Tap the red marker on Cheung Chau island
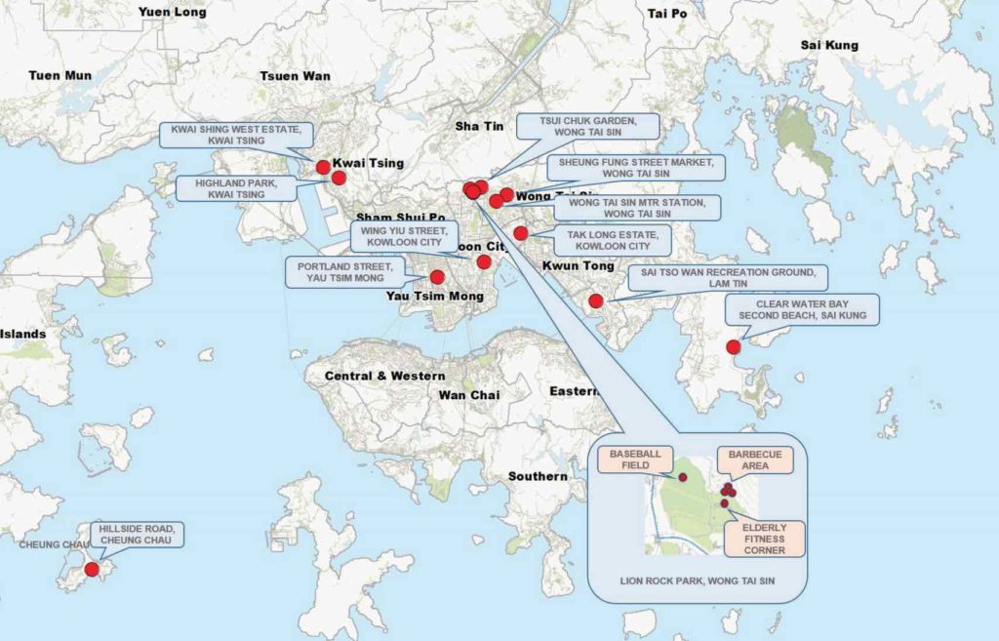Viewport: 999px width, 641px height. (x=92, y=569)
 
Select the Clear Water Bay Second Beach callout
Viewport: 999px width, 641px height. (x=802, y=309)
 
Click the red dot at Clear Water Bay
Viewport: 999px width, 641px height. (x=734, y=346)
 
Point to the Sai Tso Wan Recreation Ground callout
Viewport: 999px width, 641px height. (x=728, y=277)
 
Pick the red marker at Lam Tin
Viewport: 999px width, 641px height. (x=597, y=300)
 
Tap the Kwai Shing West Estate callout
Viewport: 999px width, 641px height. (x=236, y=135)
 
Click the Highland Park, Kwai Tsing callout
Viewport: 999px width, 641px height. (x=236, y=188)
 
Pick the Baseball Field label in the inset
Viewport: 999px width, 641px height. (x=635, y=460)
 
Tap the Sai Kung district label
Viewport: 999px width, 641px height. (x=829, y=45)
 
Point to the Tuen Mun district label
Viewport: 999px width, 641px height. (x=60, y=75)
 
